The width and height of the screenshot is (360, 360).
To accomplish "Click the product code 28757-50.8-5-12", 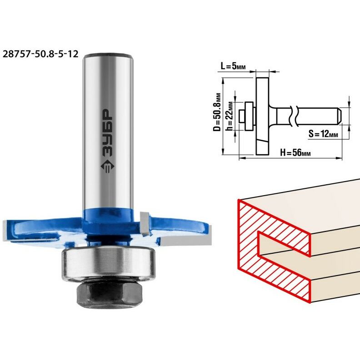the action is coord(40,54).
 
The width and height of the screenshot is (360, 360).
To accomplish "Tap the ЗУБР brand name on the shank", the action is coord(108,133).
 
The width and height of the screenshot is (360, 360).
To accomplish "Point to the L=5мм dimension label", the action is coord(233,66).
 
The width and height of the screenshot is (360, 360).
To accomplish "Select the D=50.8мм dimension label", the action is coord(217,112).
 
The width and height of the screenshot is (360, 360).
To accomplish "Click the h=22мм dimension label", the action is coord(230,116).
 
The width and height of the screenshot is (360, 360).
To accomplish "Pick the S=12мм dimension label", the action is coord(323,133).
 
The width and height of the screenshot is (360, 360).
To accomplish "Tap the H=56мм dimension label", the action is coord(295,152).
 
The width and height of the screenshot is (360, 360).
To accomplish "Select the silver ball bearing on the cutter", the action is coord(108,264).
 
